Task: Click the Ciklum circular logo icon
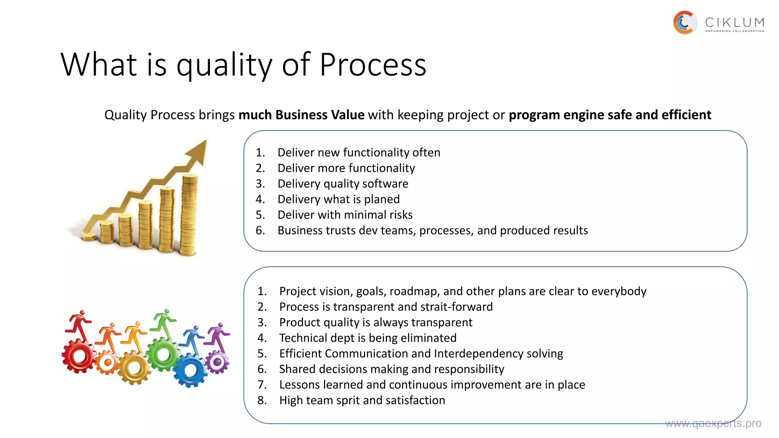point(685,23)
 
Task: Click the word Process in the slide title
point(373,65)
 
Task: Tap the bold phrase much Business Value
point(301,115)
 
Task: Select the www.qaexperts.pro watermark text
point(713,423)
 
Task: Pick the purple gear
point(218,362)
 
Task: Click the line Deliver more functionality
point(346,168)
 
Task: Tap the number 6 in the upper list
point(260,230)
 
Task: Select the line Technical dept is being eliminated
point(367,338)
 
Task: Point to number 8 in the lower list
point(262,400)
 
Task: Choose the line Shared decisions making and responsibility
point(391,369)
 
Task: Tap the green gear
point(164,355)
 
